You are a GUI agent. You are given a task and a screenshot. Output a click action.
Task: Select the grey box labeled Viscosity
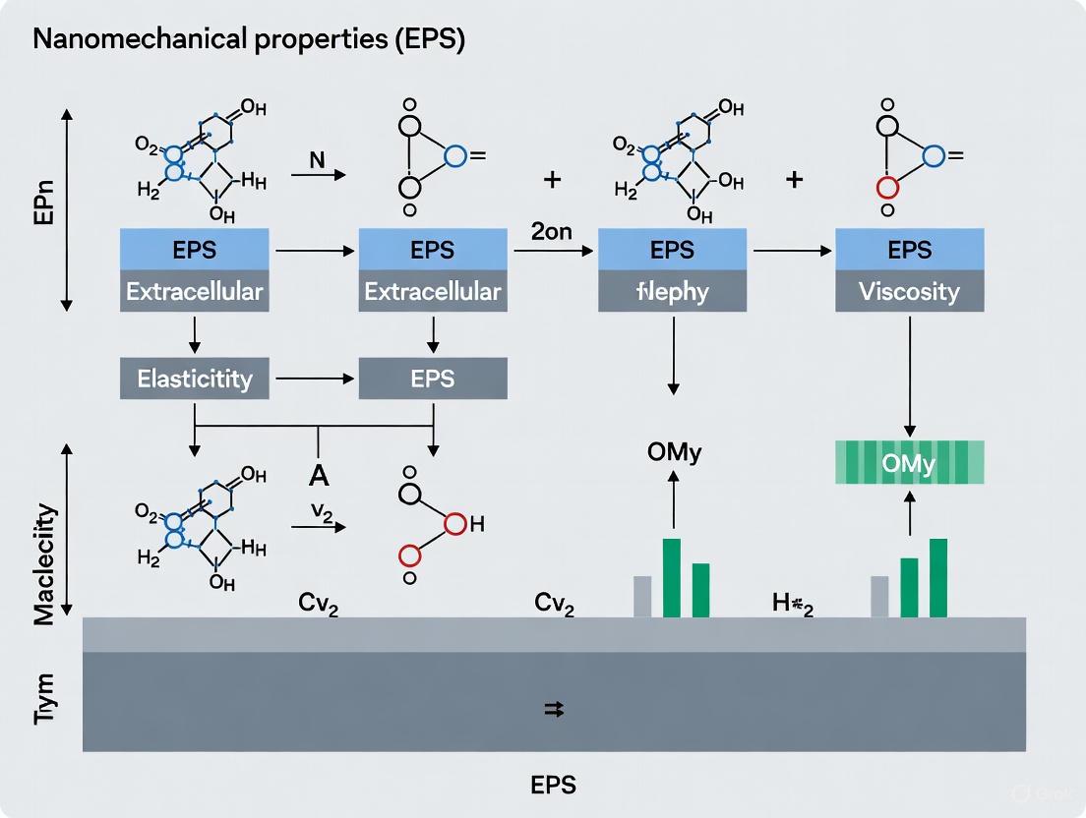pos(909,292)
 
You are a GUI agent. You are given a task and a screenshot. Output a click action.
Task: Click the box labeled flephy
pos(671,292)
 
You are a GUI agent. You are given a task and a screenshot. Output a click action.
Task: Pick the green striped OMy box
pos(909,463)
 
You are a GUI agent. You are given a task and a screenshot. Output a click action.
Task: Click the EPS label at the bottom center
pos(552,785)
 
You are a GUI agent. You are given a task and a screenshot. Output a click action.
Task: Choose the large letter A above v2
pos(318,475)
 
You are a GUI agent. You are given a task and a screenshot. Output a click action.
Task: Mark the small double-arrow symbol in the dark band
pos(554,710)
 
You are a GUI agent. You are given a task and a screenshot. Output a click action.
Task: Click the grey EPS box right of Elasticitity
pos(433,379)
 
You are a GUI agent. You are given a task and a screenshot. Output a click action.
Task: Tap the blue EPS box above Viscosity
pos(909,251)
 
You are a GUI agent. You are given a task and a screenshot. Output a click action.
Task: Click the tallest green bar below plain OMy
pos(672,578)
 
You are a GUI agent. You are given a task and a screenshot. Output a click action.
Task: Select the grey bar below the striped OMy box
pos(879,597)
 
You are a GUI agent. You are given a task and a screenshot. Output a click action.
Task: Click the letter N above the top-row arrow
pos(317,158)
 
